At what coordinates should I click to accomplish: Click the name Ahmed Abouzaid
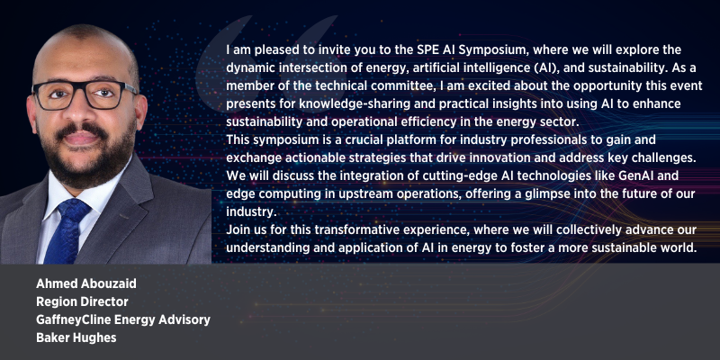point(86,283)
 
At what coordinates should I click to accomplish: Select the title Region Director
point(82,301)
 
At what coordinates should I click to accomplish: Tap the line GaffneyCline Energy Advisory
point(123,320)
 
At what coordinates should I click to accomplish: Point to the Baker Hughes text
point(76,338)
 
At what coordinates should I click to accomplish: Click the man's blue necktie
point(69,229)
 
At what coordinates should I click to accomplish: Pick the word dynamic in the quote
point(246,68)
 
